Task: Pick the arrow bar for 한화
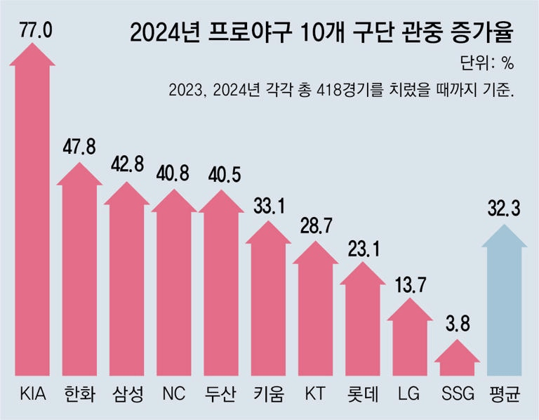tap(79, 274)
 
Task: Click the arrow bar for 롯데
tap(362, 316)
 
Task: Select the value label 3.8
tap(457, 326)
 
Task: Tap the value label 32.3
tap(504, 209)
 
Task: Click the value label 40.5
tap(222, 174)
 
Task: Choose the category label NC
tap(173, 393)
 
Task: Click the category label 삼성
tap(126, 393)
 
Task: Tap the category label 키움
tap(268, 393)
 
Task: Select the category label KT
tap(315, 393)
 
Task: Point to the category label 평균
tap(504, 393)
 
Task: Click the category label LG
tap(409, 393)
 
